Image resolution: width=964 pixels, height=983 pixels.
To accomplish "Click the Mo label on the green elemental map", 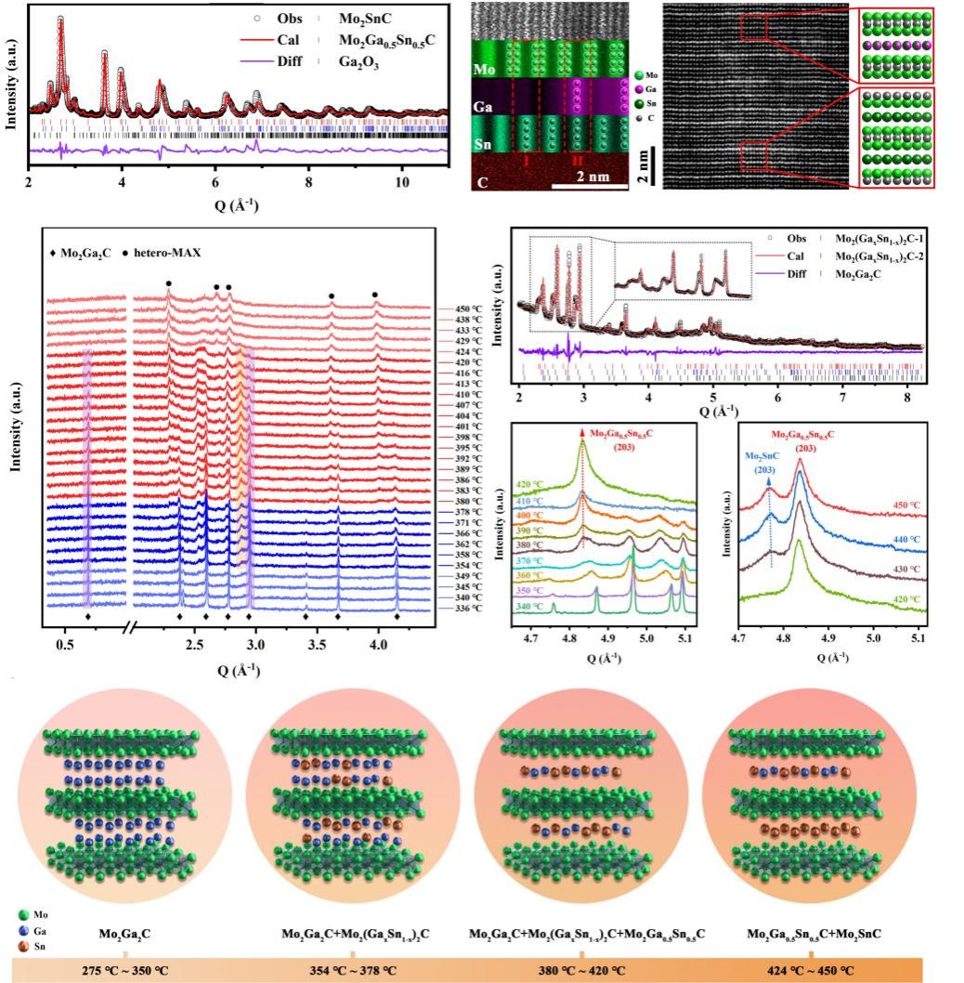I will (x=484, y=70).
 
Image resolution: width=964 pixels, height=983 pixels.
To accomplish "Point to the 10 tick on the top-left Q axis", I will (x=401, y=183).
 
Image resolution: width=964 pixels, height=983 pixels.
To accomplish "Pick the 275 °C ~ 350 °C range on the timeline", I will (x=125, y=969).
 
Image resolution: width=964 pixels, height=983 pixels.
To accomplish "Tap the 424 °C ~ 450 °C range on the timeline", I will (x=810, y=969).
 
